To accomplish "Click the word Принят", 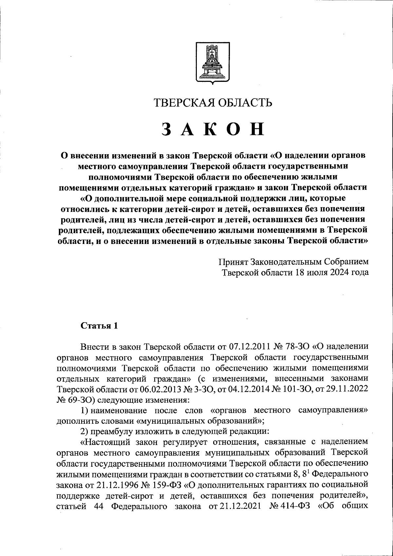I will click(x=234, y=262).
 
